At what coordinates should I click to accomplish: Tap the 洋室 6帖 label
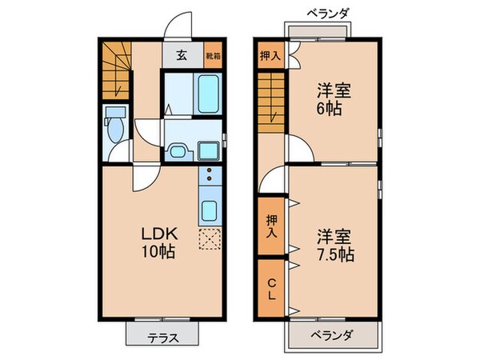point(330,99)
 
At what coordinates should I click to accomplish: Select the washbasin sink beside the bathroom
point(178,151)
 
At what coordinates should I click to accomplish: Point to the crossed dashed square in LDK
point(210,238)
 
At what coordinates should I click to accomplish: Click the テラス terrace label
point(162,336)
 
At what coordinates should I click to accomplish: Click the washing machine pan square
point(210,150)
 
